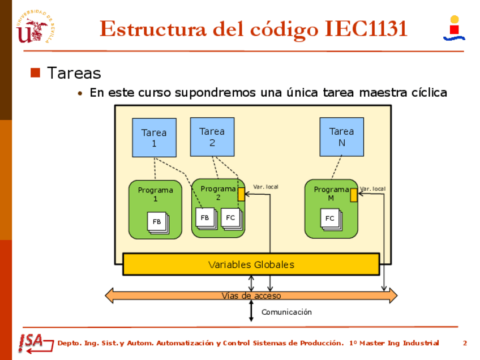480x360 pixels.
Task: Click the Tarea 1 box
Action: coord(154,138)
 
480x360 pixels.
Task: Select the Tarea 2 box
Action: coord(212,136)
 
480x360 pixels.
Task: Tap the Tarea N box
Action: coord(341,136)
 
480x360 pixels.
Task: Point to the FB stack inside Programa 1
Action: coord(157,222)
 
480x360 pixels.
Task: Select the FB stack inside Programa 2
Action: coord(205,218)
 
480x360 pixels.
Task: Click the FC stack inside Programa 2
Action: coord(231,218)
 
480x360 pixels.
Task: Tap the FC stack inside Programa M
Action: coord(330,218)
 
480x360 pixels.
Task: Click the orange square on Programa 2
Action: coord(241,194)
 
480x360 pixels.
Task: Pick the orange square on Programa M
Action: coord(354,195)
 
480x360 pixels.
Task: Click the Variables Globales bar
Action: coord(251,264)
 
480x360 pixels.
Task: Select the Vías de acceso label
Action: coord(251,295)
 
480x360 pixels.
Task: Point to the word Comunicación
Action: coord(286,312)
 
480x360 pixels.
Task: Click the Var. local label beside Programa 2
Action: coord(265,187)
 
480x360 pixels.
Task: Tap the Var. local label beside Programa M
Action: coord(372,188)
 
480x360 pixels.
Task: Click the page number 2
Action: coord(465,343)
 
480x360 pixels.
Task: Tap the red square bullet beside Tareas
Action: coord(35,72)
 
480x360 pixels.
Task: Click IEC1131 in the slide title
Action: coord(366,28)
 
